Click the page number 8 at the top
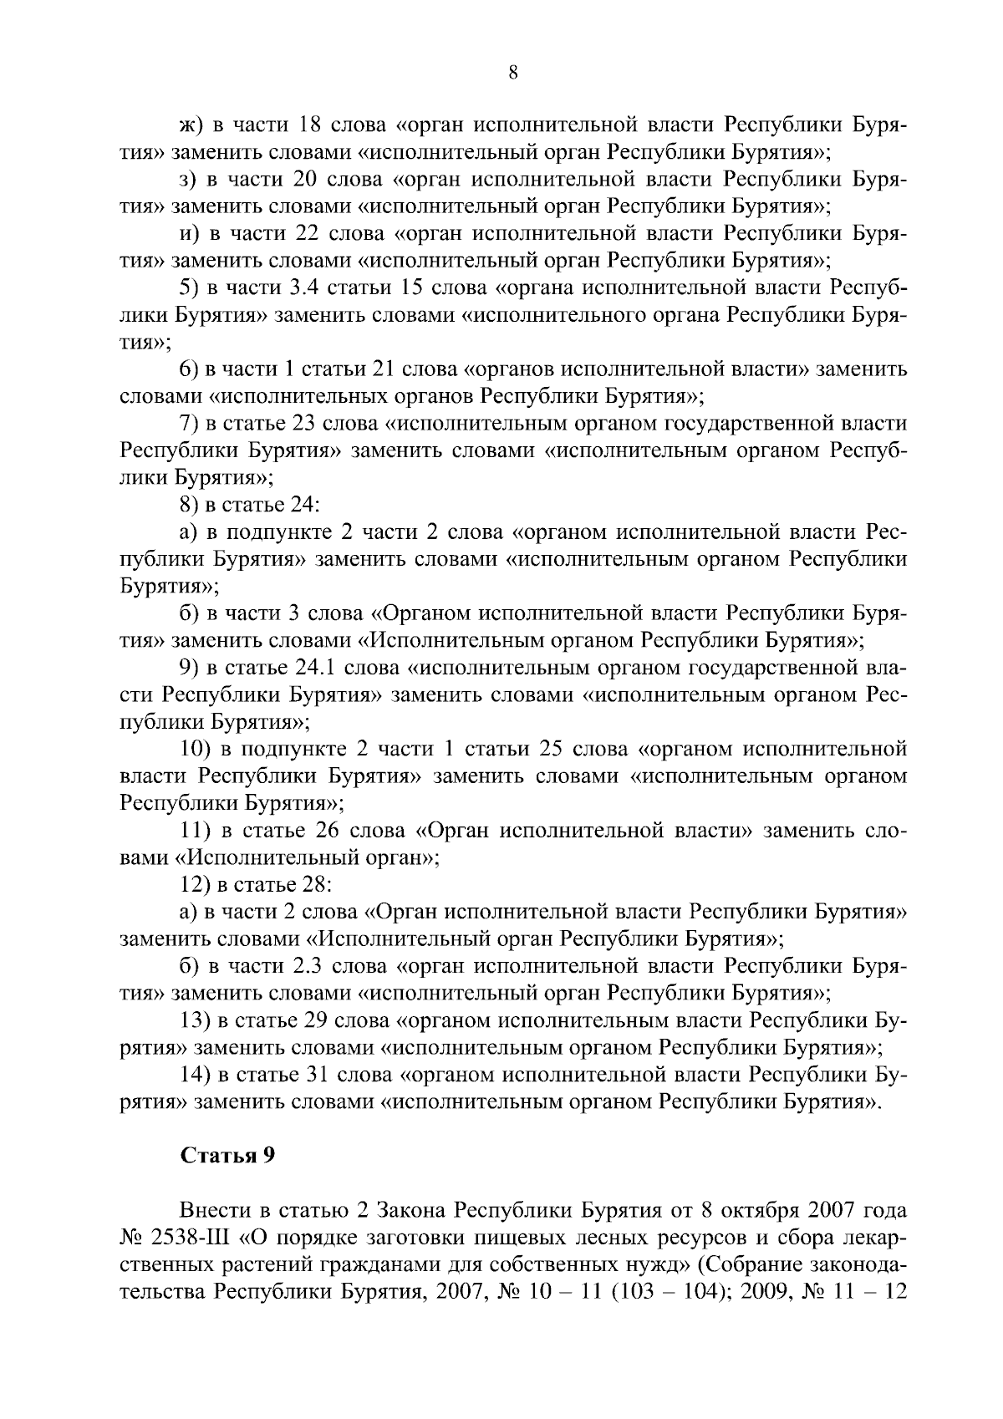tap(513, 73)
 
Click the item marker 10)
tap(199, 749)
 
